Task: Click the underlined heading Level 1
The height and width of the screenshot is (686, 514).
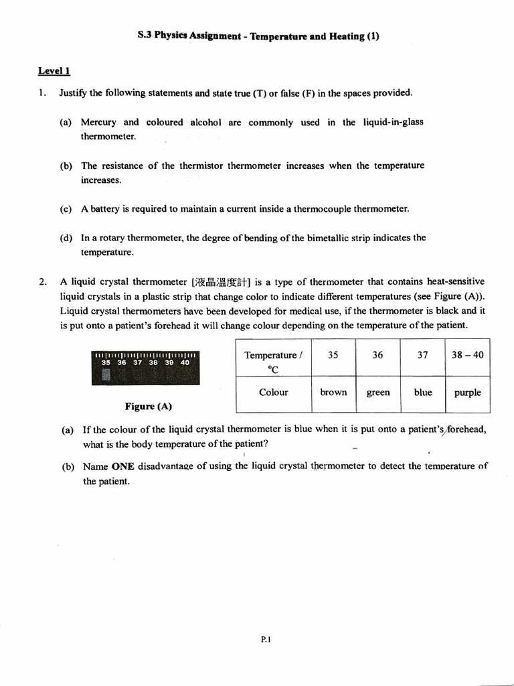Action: pos(54,70)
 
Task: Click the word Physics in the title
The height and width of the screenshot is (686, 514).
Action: pos(171,37)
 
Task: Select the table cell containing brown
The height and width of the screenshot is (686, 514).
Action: pos(333,393)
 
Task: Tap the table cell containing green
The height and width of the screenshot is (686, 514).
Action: pos(377,393)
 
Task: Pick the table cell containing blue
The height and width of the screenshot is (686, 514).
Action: pos(422,393)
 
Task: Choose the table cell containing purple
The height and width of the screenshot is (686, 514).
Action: pos(467,393)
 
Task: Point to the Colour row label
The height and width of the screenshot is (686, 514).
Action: pos(273,393)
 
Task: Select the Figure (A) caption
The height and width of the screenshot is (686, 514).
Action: pos(148,407)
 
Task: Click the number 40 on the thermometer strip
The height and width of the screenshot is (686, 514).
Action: pos(185,362)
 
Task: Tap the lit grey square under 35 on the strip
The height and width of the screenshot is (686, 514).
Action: pos(106,374)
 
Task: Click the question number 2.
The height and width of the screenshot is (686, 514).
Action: pos(42,282)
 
